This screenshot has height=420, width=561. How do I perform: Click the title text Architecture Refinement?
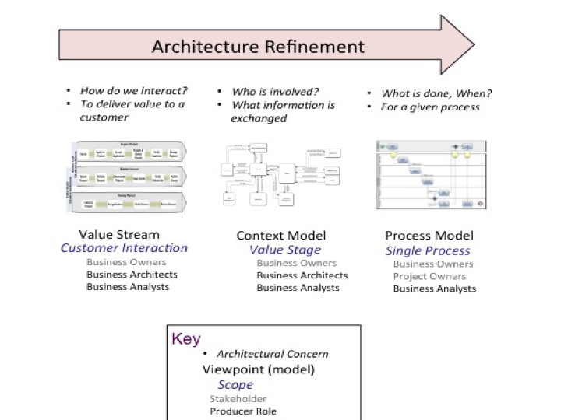[258, 46]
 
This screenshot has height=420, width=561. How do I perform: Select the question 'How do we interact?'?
[133, 90]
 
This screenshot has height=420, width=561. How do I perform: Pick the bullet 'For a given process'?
[430, 107]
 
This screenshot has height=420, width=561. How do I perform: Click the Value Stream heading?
[119, 234]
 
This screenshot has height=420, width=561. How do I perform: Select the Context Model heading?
[281, 236]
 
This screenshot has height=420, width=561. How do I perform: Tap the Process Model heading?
[429, 236]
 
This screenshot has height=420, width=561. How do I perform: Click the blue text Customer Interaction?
[124, 248]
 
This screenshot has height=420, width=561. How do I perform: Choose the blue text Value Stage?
[285, 250]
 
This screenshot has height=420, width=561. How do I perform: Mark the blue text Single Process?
[428, 250]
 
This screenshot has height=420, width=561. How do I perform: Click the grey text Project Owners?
[430, 276]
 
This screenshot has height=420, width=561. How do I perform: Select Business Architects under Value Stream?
[132, 274]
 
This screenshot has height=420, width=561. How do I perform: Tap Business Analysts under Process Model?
[434, 289]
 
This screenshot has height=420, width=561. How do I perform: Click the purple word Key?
[185, 339]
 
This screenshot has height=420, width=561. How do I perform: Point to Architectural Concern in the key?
[273, 354]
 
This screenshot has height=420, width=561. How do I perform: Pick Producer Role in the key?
[243, 411]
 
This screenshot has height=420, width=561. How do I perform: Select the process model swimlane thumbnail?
[430, 174]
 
